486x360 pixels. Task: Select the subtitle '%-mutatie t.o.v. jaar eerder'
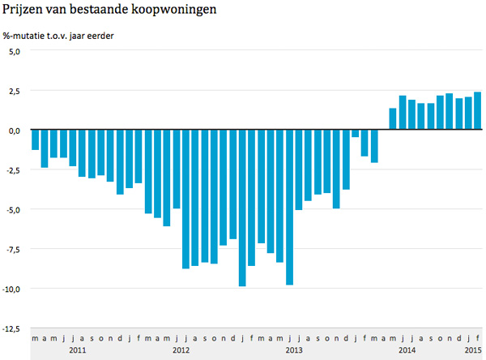point(58,35)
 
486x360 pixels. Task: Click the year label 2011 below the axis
point(78,350)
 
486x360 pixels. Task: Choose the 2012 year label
point(181,350)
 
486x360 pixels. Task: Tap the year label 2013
point(294,350)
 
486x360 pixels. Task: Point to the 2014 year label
point(407,350)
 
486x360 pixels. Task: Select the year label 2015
point(473,350)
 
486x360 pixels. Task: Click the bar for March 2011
point(35,139)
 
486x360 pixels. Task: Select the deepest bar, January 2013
point(241,208)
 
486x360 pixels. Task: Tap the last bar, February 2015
point(478,111)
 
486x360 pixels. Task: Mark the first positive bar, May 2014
point(393,119)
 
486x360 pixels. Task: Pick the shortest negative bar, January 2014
point(355,134)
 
